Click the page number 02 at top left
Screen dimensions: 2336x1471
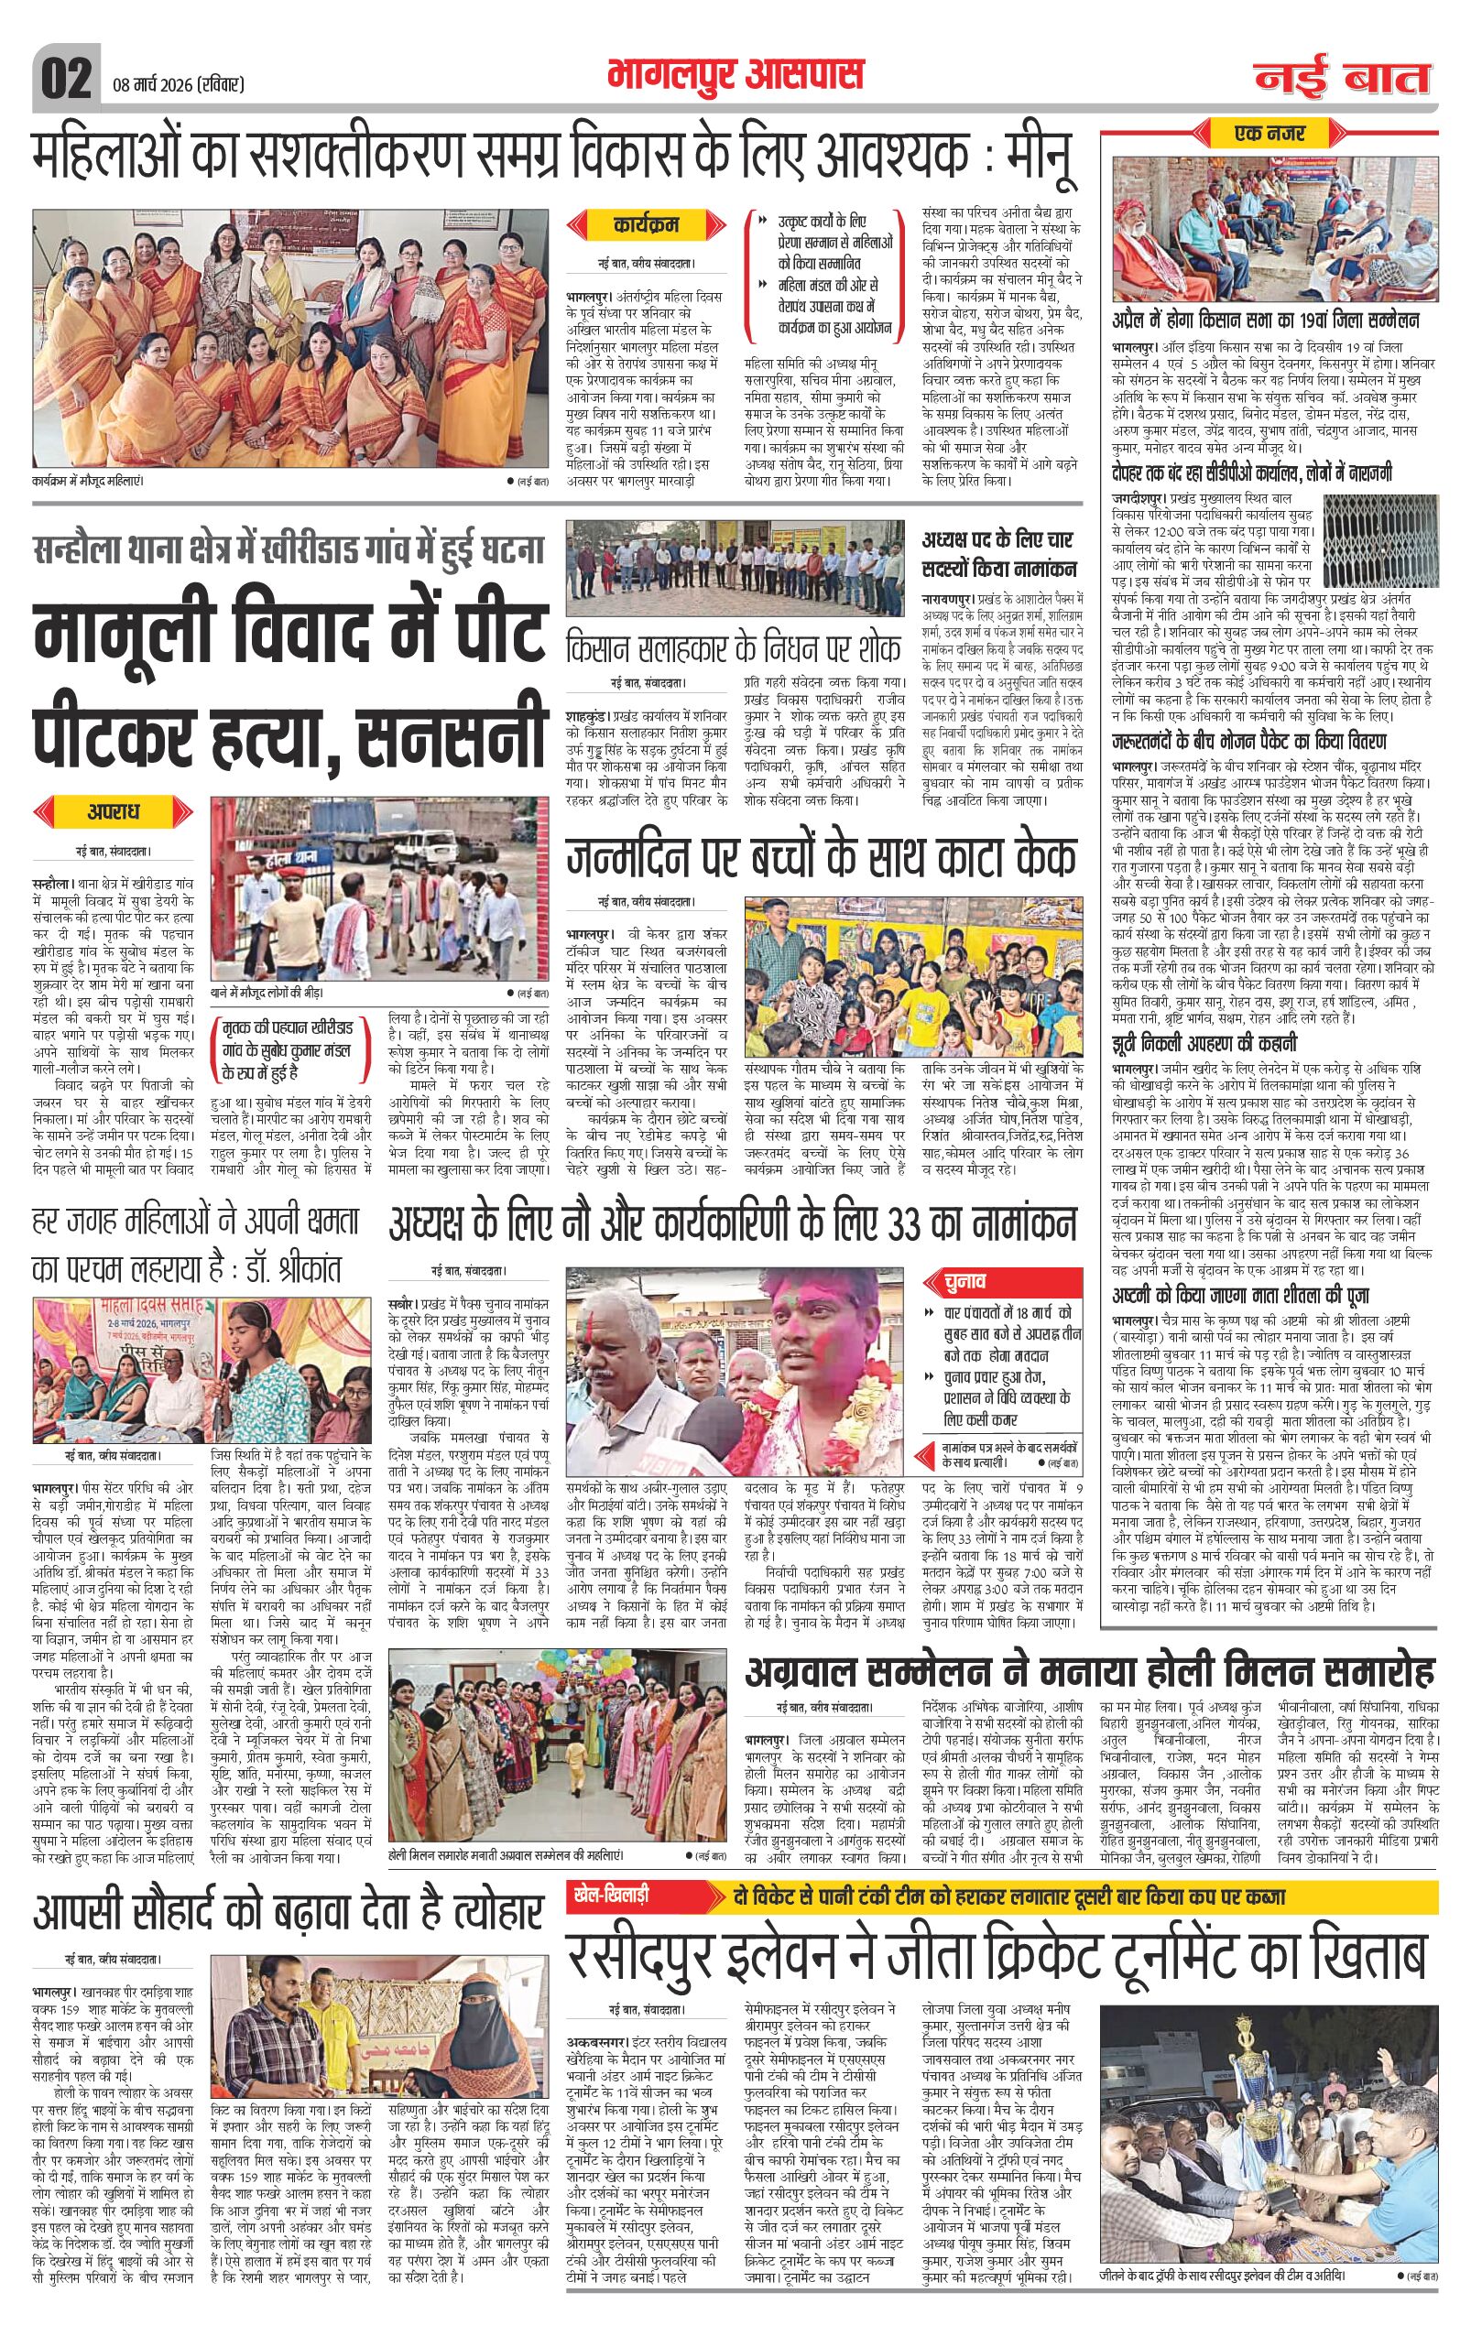tap(64, 75)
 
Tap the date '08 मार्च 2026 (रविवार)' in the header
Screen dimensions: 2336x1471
tap(172, 85)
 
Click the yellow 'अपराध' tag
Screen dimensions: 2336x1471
tap(114, 809)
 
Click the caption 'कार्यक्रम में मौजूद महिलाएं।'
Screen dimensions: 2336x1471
tap(93, 480)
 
